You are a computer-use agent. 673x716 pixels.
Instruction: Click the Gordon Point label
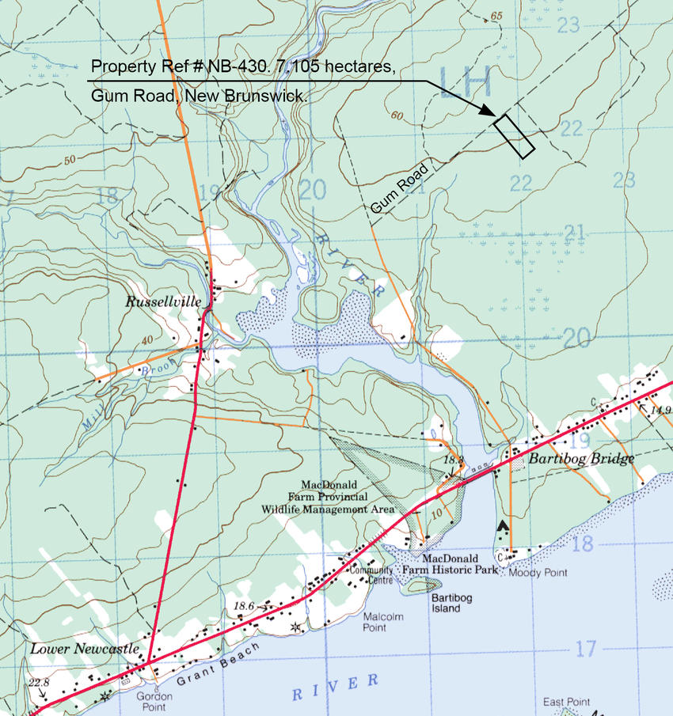154,701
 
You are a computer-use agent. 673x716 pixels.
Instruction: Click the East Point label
566,702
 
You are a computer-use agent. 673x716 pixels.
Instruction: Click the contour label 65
496,16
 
